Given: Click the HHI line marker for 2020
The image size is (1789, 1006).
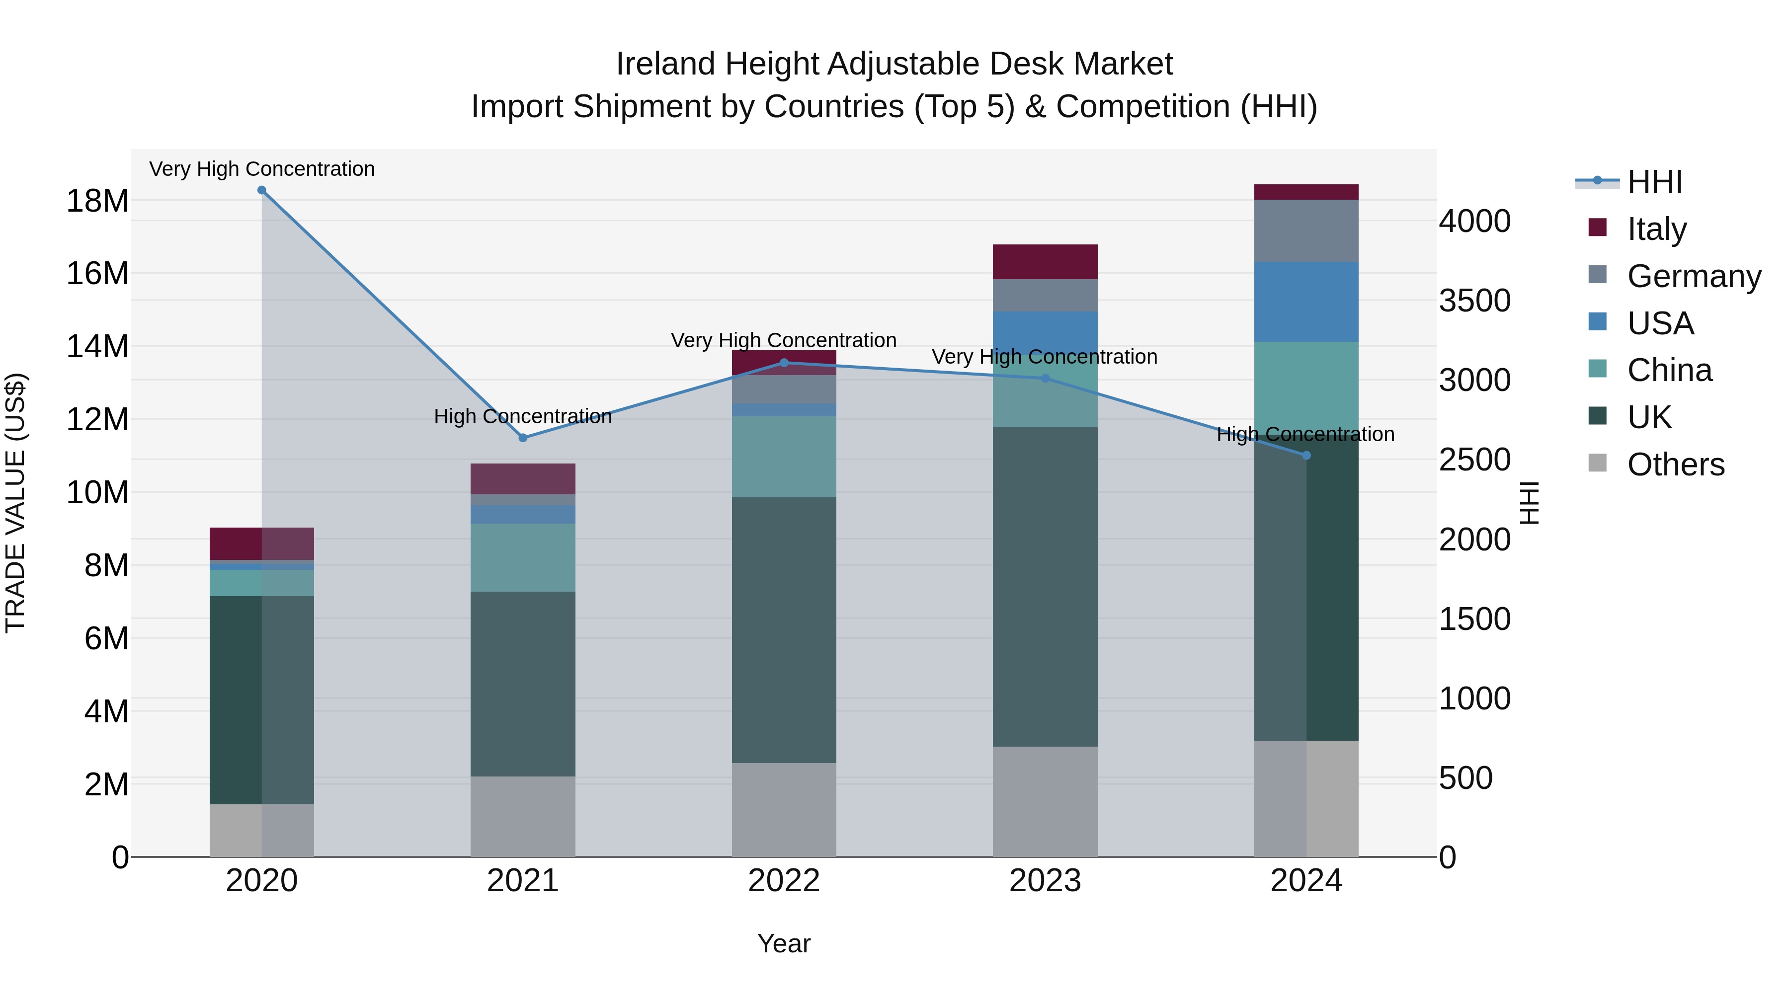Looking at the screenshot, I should [262, 190].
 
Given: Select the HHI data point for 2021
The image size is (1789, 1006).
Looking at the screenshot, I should [523, 438].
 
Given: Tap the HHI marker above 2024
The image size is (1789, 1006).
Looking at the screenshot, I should [1306, 456].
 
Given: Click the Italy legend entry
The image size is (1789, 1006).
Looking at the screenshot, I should [1656, 229].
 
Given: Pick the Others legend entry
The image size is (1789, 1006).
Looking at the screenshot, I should [1675, 464].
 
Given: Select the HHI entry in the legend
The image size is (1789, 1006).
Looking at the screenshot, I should [1654, 182].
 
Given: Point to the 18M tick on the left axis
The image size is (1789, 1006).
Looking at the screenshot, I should [97, 201].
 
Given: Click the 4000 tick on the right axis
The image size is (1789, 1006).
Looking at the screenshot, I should [1474, 222].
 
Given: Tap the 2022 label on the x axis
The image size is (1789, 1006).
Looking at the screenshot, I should [784, 881].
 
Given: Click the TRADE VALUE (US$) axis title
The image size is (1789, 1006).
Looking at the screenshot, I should [15, 503].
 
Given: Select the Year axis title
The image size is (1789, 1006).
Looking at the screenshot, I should [784, 943].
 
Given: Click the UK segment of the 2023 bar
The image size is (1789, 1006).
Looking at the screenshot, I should [1045, 587].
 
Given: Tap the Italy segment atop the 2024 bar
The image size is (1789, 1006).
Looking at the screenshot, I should [1306, 192].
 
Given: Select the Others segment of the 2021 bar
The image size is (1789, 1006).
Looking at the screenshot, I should [523, 816].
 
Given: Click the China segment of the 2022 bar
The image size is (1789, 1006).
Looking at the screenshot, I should [784, 457].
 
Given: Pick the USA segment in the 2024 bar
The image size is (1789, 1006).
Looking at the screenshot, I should [1306, 302].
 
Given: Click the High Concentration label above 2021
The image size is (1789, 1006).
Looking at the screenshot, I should [523, 417].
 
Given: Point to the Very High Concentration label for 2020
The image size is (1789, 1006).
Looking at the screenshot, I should [262, 169].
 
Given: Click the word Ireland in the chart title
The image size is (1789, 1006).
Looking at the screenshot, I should [665, 65].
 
